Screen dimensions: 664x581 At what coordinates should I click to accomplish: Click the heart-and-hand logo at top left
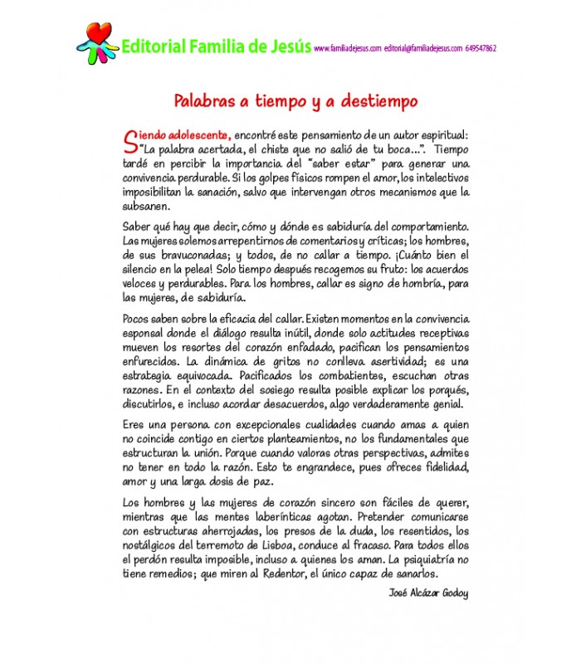click(98, 38)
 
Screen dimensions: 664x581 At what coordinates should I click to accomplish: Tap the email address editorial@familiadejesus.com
click(423, 49)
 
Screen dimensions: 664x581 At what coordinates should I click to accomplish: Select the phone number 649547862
click(481, 49)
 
